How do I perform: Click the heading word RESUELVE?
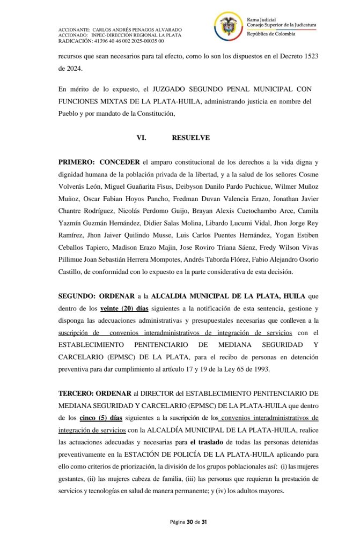(x=190, y=138)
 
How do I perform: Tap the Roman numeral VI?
(x=142, y=138)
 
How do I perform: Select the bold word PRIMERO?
(x=77, y=162)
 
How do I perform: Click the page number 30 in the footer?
(x=190, y=521)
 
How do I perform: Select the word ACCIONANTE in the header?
(x=75, y=29)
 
